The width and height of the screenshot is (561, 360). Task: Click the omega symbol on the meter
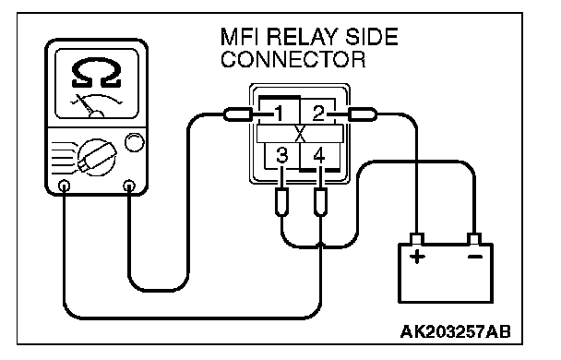tap(97, 73)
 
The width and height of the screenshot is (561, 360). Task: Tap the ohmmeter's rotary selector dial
tap(97, 158)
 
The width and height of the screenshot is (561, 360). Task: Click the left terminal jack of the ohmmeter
tap(64, 186)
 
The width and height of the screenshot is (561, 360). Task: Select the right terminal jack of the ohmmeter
tap(129, 186)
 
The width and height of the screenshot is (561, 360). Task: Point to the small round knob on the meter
tap(135, 142)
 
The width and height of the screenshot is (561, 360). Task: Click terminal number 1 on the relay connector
tap(279, 114)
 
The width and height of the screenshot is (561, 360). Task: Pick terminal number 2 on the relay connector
tap(318, 114)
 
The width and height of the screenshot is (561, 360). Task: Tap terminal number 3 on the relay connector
tap(282, 155)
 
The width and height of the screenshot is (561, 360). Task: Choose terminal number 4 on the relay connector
tap(318, 155)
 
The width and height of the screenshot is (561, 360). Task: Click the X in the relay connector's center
tap(300, 134)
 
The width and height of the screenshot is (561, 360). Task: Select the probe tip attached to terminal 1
tap(238, 114)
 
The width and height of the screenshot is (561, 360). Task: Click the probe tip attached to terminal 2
tap(362, 114)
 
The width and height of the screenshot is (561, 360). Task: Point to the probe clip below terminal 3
tap(282, 202)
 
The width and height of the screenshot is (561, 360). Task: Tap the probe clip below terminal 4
tap(320, 202)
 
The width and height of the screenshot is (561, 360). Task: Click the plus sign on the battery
tap(417, 257)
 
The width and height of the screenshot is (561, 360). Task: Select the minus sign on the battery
tap(475, 257)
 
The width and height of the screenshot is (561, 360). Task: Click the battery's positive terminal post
tap(416, 239)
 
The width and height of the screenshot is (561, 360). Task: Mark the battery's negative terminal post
tap(474, 239)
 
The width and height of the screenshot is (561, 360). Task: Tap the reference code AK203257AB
tap(456, 331)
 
